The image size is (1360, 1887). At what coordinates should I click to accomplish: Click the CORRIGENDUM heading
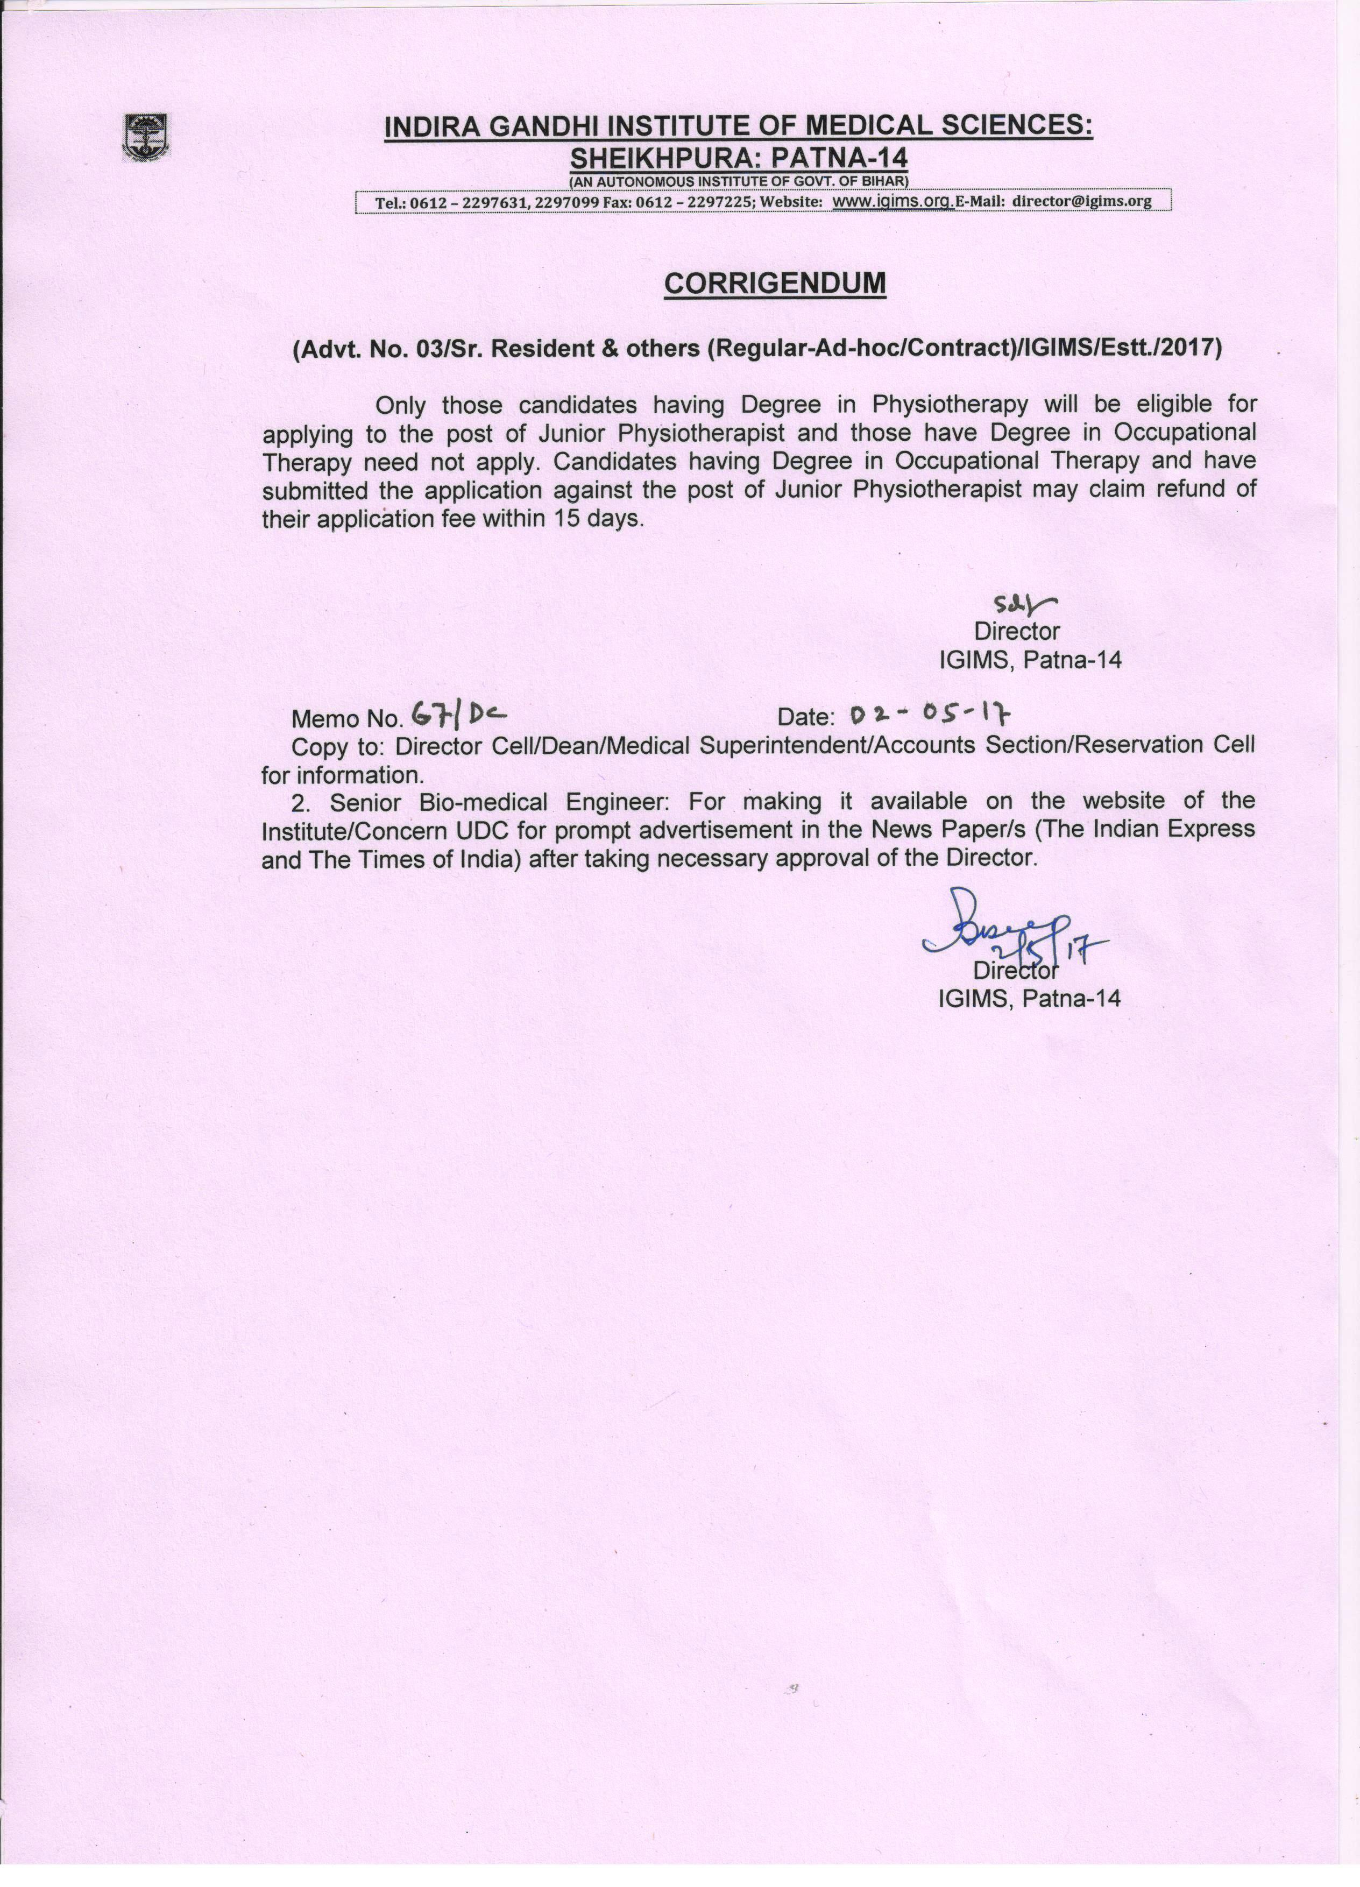pyautogui.click(x=774, y=284)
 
